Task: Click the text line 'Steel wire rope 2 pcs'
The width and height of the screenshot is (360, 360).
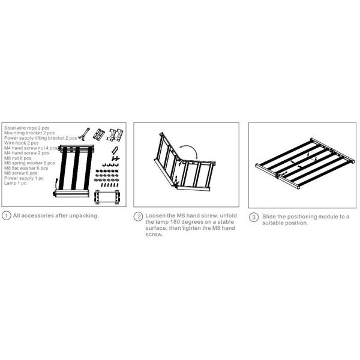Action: pos(27,128)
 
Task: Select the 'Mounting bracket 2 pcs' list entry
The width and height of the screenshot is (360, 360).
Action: pos(29,133)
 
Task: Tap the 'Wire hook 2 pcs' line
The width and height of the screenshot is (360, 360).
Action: pos(22,143)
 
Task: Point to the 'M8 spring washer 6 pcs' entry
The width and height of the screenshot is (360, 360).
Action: pos(29,163)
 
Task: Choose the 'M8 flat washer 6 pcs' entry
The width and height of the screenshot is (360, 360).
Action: pos(26,168)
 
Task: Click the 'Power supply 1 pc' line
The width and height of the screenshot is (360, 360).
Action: pos(24,178)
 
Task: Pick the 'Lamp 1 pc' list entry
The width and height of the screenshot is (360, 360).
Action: pos(16,183)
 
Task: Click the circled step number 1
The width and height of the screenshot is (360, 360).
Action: pos(6,216)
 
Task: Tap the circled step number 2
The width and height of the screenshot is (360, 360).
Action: pos(138,217)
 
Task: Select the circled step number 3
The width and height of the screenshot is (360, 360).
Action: pos(254,217)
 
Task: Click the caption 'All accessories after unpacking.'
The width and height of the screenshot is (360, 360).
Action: pos(56,215)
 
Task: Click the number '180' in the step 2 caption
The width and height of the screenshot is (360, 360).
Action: pos(175,222)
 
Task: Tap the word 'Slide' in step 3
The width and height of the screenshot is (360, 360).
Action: pos(269,217)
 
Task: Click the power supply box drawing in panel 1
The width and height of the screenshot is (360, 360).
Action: pos(107,197)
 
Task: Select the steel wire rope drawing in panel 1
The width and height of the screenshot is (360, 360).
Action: pos(85,134)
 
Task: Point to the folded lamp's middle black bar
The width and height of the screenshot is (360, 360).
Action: pos(75,169)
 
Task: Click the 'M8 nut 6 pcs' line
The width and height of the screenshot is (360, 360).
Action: pos(17,158)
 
